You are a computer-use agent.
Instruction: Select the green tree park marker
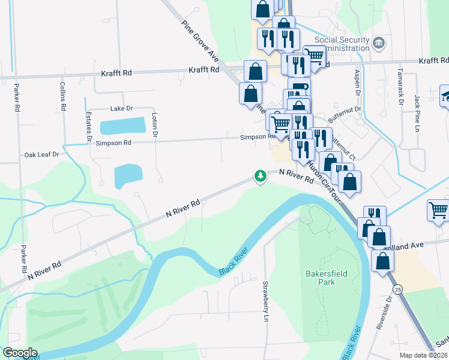point(260,176)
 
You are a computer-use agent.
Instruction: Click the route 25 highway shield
point(399,289)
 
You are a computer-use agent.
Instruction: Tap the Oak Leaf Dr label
point(41,154)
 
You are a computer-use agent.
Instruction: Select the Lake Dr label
point(121,109)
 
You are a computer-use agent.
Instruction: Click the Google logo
point(20,353)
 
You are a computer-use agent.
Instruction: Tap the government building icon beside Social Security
point(379,43)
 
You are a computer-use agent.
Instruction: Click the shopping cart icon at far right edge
point(438,210)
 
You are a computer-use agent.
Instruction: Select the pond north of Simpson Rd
point(122,126)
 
